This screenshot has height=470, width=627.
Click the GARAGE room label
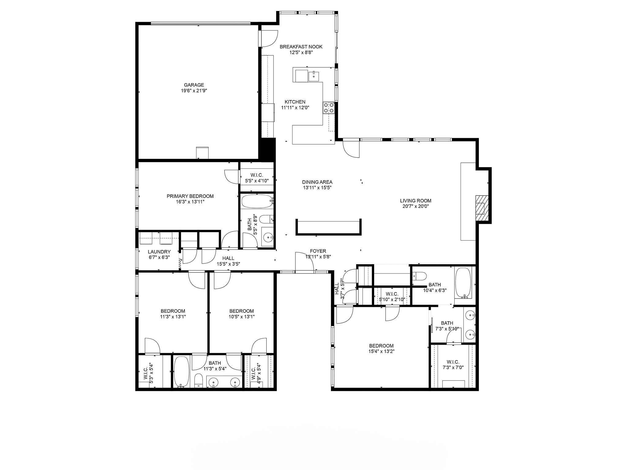pos(194,85)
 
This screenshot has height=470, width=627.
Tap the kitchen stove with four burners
pos(329,108)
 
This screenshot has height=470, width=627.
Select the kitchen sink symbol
pos(314,76)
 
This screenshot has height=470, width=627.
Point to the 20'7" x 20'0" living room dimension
pos(415,206)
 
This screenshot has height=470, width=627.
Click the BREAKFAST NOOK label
pos(301,47)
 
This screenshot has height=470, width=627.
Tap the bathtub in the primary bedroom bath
pos(257,202)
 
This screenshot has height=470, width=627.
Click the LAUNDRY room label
pos(159,252)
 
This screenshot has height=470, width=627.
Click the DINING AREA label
pos(317,182)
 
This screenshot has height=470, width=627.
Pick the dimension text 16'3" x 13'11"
pos(190,202)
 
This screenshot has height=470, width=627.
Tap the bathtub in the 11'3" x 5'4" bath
pos(182,371)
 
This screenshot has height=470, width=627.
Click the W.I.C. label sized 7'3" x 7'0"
pos(453,362)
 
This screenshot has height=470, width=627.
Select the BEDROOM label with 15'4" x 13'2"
pos(381,346)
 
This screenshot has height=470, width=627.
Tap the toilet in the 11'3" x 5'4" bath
pos(199,380)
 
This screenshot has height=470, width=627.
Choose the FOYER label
pos(318,251)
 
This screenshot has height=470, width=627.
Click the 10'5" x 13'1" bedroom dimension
pos(241,317)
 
